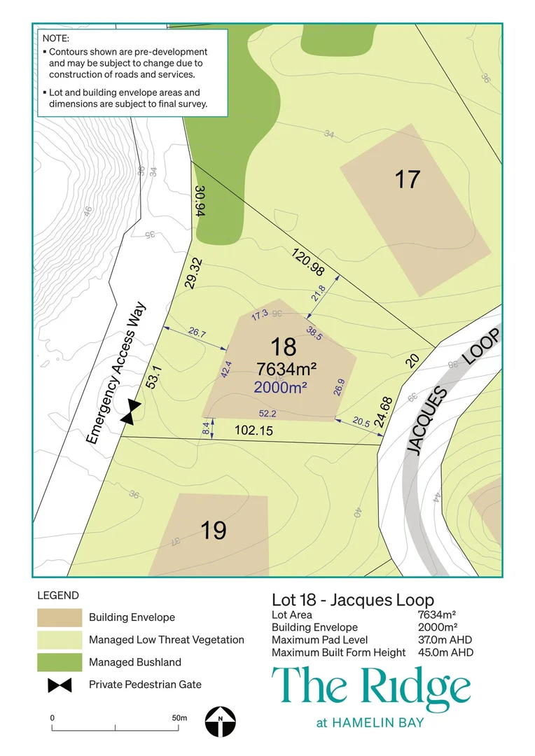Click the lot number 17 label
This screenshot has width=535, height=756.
point(407,179)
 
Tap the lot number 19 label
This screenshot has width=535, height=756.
point(213,531)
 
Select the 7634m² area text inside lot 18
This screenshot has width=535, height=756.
point(286,369)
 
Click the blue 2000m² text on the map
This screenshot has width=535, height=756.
point(281,387)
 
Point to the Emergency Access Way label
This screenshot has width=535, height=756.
point(116,372)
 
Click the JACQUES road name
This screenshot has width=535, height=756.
point(427,420)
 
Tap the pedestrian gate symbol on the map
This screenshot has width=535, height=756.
point(130,412)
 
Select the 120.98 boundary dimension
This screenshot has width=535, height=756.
point(308,262)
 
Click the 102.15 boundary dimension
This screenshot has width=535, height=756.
point(253,430)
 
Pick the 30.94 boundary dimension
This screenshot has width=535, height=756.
point(201,201)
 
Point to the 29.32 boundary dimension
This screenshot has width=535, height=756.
point(194,274)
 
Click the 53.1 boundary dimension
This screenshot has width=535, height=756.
point(153,377)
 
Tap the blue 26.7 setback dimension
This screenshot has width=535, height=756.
point(197,332)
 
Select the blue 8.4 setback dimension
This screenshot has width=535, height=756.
point(205,428)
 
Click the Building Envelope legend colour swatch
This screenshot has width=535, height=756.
point(60,617)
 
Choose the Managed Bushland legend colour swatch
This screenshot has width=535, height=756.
point(60,662)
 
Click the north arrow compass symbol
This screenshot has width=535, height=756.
point(221,722)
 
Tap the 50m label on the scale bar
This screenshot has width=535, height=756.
point(179,718)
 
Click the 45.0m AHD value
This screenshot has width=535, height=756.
point(446,652)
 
